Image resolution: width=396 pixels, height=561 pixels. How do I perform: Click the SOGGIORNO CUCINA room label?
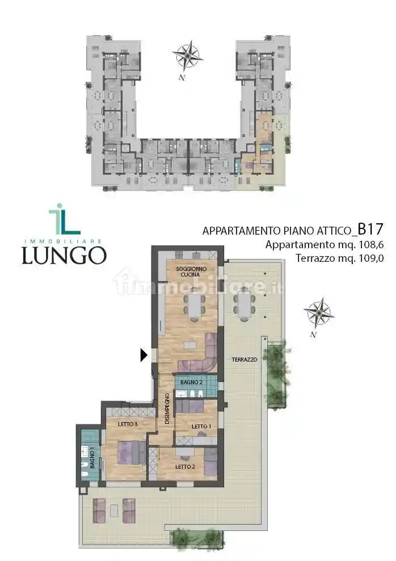(187, 271)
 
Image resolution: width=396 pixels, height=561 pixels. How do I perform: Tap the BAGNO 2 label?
(191, 382)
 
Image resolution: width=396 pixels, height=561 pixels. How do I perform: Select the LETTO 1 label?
(201, 426)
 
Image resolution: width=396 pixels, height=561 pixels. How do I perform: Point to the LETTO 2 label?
(185, 467)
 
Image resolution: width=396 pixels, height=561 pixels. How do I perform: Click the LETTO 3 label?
(128, 424)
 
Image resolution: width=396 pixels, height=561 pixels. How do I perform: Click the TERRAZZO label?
(245, 360)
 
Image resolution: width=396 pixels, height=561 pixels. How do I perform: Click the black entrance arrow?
(144, 355)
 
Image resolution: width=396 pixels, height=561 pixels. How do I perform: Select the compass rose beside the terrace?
(318, 313)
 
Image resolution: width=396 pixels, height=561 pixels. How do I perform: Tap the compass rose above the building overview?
(188, 55)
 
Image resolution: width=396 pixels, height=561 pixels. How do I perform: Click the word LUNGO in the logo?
(64, 255)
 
